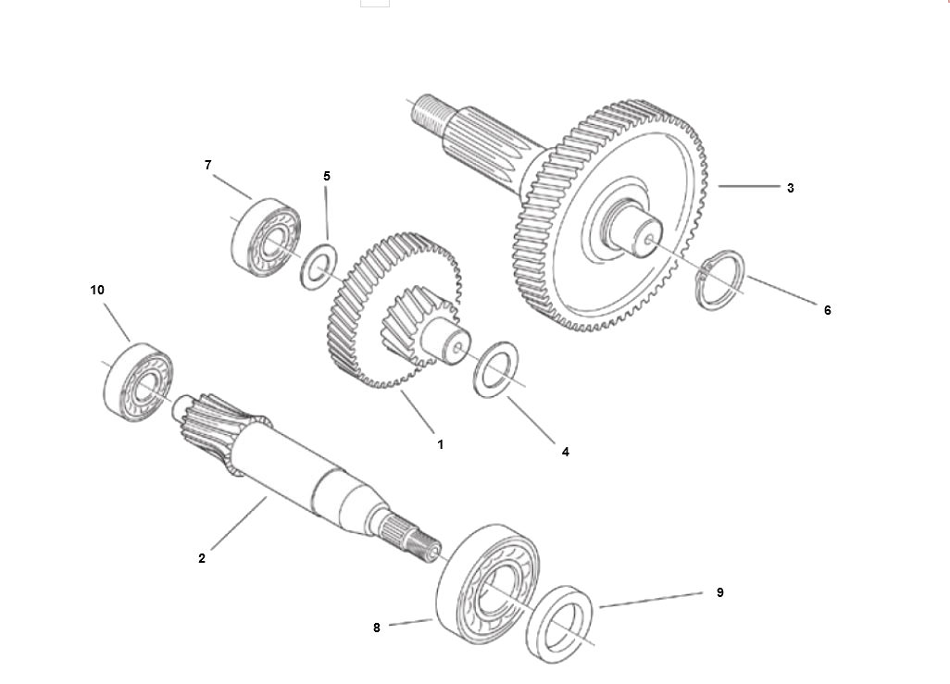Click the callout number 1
coord(441,444)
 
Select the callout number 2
coord(202,559)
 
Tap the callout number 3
coord(790,189)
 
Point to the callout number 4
coord(565,452)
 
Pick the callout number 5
coord(327,176)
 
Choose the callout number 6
coord(827,311)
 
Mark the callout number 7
coord(207,166)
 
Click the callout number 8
coord(376,628)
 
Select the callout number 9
coord(719,592)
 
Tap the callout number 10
coord(97,291)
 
